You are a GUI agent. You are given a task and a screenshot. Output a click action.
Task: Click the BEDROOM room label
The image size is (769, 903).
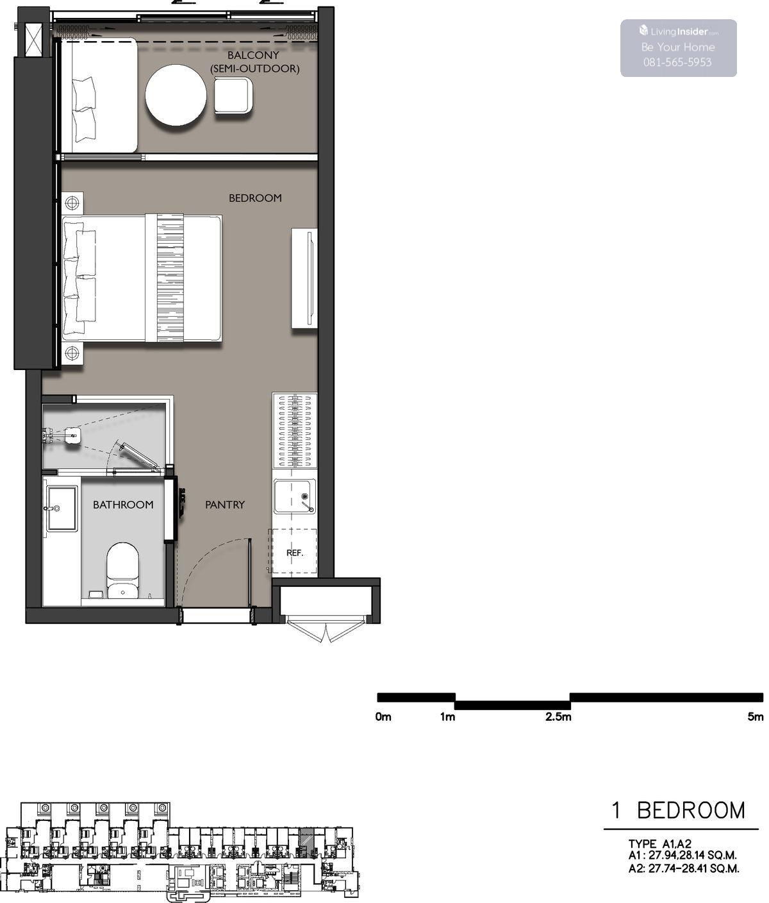click(255, 198)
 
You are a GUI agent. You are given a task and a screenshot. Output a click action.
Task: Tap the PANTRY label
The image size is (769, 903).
click(225, 505)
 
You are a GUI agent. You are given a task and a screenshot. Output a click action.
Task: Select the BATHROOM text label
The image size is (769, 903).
click(123, 505)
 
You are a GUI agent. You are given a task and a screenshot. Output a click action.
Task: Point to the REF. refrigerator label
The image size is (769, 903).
click(295, 553)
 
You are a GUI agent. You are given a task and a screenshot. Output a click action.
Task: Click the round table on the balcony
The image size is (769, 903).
click(176, 96)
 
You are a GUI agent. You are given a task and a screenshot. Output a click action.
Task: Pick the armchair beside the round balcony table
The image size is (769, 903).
click(233, 96)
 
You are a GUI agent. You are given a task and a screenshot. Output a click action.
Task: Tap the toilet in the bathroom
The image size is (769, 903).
click(122, 571)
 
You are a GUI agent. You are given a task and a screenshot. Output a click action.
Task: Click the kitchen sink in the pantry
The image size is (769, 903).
click(295, 496)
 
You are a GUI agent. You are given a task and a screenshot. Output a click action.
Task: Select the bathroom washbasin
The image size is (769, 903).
click(62, 509)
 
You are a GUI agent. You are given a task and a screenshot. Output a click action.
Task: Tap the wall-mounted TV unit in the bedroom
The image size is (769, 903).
click(304, 278)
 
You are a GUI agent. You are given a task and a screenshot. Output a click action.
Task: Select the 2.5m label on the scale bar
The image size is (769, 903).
click(558, 716)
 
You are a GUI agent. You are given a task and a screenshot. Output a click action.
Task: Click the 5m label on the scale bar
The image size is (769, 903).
click(756, 716)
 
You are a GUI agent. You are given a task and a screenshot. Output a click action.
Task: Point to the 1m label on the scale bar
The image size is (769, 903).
click(448, 716)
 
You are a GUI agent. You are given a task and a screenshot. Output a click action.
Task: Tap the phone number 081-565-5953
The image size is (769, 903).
click(677, 62)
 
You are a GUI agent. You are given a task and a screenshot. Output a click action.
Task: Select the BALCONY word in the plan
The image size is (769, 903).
click(253, 56)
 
